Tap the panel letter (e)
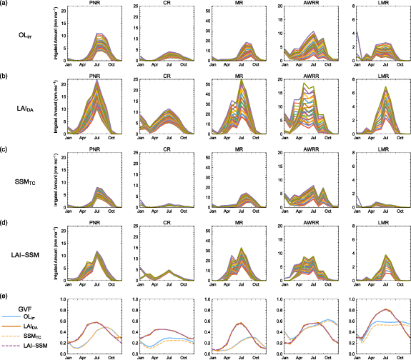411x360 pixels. tap(5, 295)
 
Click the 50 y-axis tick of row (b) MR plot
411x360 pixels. tap(208, 84)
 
